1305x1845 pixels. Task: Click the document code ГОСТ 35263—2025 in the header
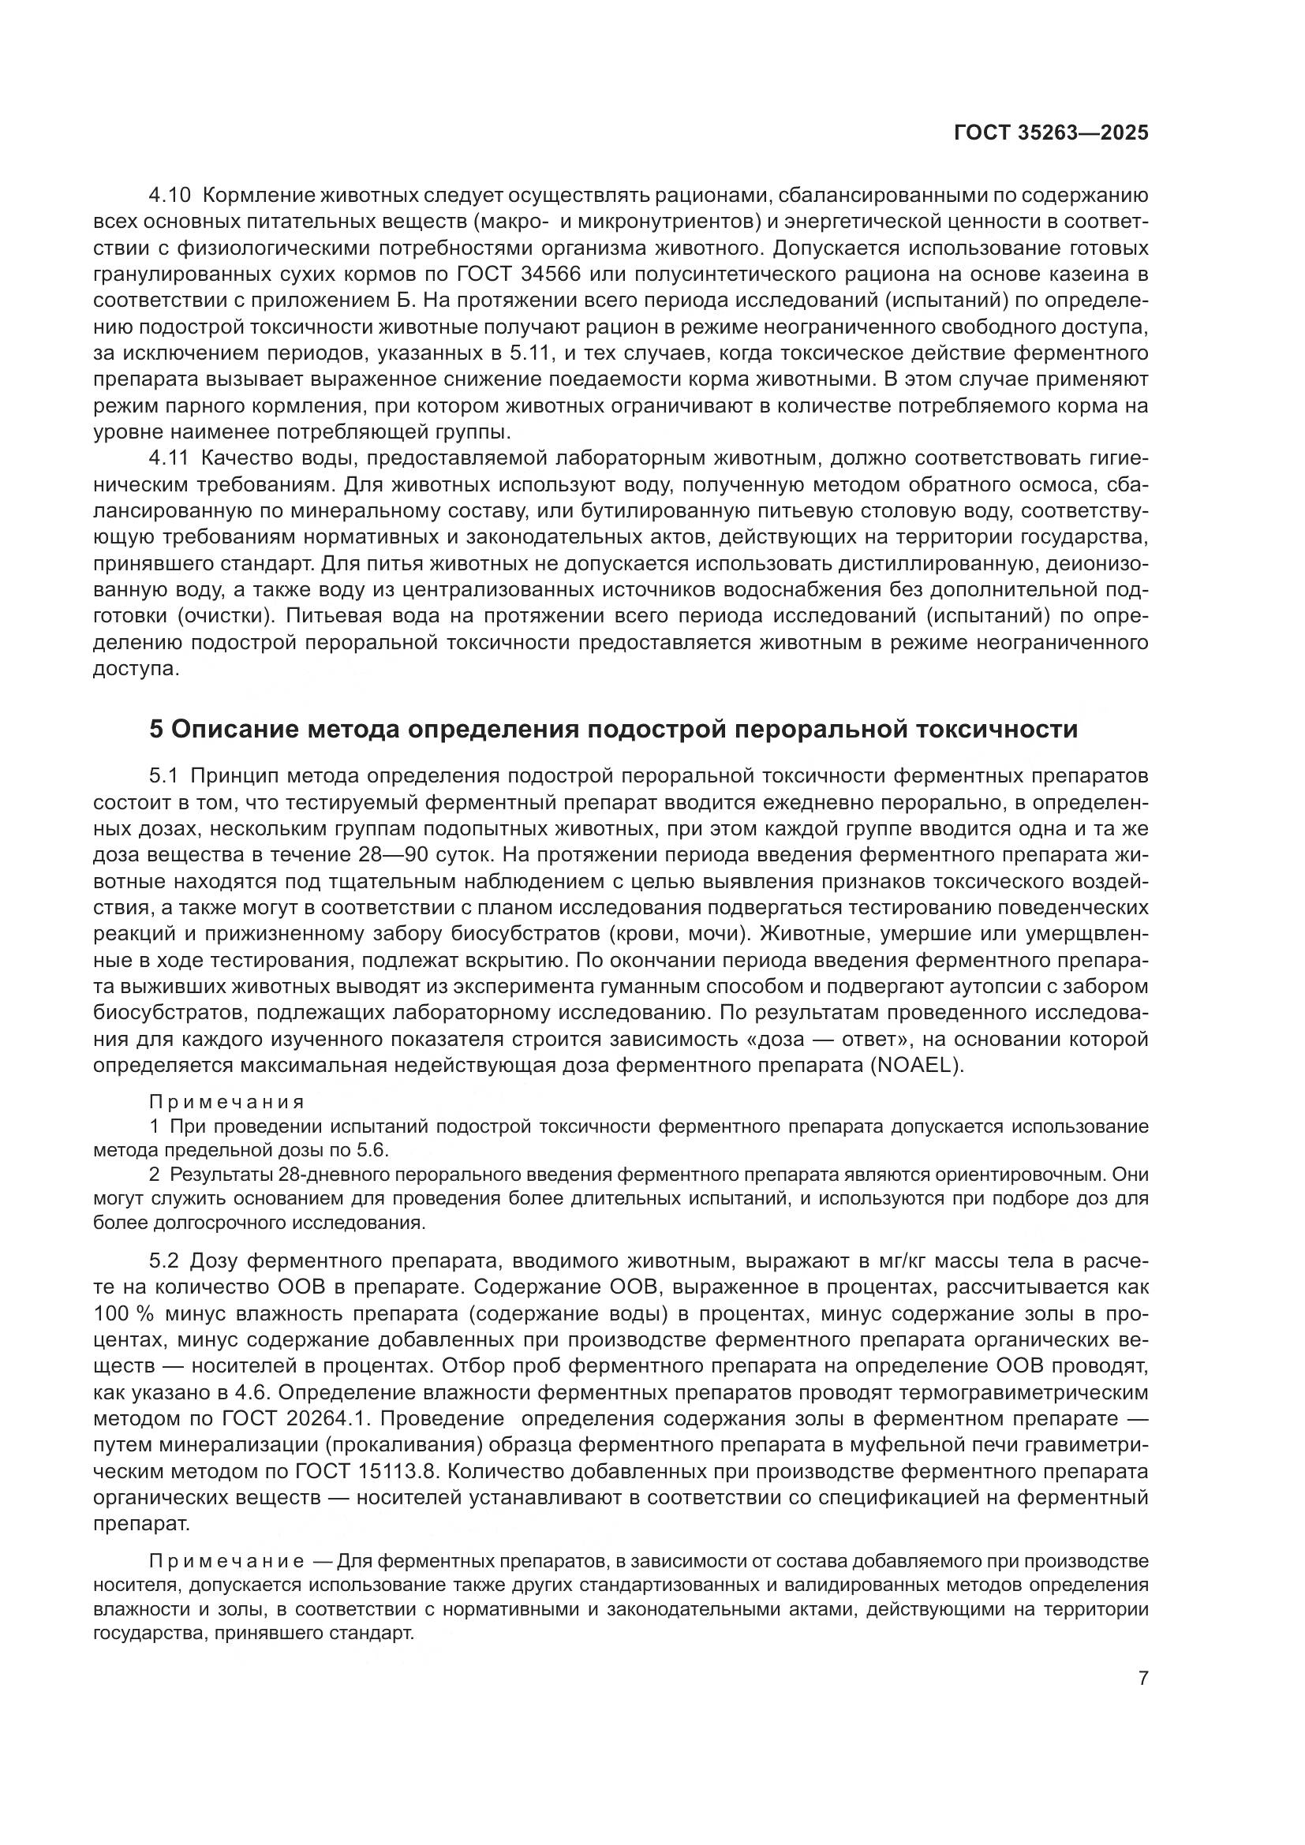coord(1051,133)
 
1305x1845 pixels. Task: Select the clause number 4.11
coord(170,458)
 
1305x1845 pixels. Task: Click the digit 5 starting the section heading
coord(157,729)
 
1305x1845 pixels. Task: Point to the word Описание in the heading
coord(233,729)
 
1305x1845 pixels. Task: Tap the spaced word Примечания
coord(227,1102)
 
